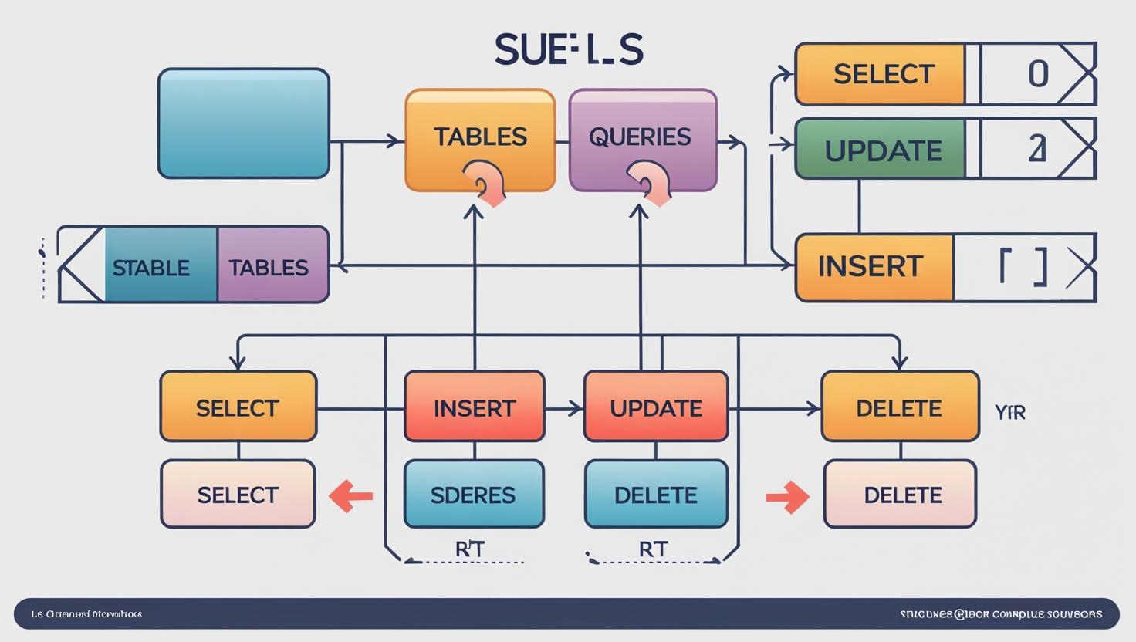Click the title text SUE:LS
click(569, 50)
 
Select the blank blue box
click(244, 123)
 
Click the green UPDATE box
click(881, 149)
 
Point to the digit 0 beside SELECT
click(1038, 74)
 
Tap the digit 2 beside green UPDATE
click(1037, 149)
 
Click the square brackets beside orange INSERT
click(1023, 267)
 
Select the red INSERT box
click(474, 407)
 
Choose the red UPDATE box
click(655, 407)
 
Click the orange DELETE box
click(899, 407)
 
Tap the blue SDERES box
click(473, 494)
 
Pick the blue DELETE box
click(655, 494)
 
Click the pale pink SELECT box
click(238, 494)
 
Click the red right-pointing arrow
click(787, 497)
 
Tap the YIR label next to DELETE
click(1010, 412)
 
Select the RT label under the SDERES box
click(469, 549)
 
